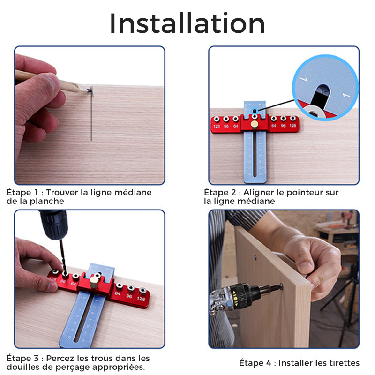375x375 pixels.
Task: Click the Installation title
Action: pos(187,23)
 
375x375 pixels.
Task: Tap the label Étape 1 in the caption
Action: pos(22,192)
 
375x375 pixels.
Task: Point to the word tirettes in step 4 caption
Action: pos(344,363)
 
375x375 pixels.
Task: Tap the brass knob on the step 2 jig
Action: pos(255,124)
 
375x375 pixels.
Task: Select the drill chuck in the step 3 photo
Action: pos(54,225)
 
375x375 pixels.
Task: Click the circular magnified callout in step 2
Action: pos(325,88)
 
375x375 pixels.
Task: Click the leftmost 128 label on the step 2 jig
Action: pos(217,126)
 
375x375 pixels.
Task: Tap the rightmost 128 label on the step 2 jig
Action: pos(292,125)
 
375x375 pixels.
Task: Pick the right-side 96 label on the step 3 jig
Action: pos(129,296)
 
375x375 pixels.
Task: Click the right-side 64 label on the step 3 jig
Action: pos(118,293)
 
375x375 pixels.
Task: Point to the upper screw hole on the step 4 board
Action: pos(255,257)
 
